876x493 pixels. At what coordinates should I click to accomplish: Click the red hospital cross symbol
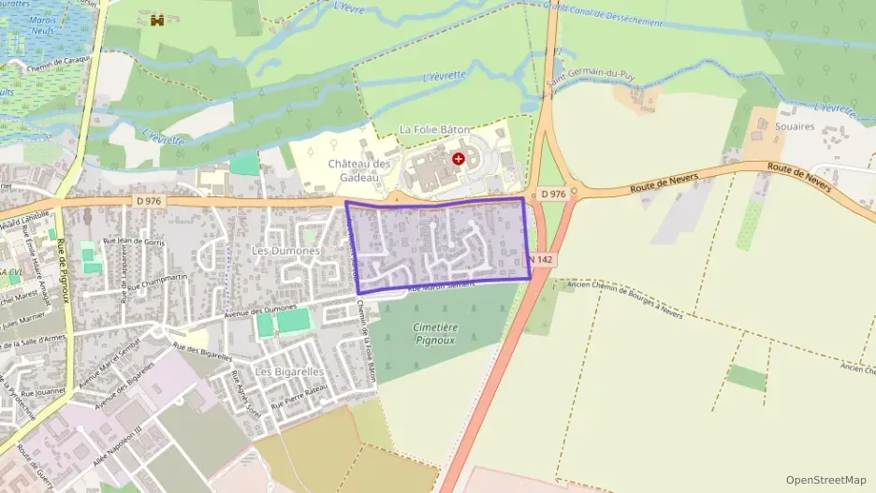click(458, 159)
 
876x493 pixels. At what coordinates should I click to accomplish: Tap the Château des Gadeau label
click(358, 169)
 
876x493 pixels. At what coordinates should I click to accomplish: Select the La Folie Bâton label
click(434, 129)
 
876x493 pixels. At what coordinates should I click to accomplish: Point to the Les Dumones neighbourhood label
click(286, 252)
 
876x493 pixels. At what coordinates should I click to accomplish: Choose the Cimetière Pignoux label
click(435, 333)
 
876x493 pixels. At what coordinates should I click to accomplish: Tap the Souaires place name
click(796, 126)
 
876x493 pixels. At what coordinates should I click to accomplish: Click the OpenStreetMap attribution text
click(825, 480)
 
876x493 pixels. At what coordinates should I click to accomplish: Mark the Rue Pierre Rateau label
click(298, 399)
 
